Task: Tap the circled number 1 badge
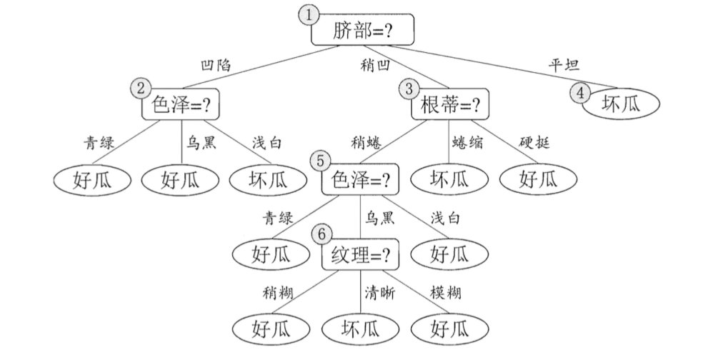coord(309,15)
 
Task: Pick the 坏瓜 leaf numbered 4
coord(619,103)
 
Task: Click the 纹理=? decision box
coord(360,254)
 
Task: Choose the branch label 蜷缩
coord(467,142)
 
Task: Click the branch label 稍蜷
coord(365,142)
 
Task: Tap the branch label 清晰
coord(380,292)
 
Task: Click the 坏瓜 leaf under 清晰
coord(360,329)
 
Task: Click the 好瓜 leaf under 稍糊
coord(271,329)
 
